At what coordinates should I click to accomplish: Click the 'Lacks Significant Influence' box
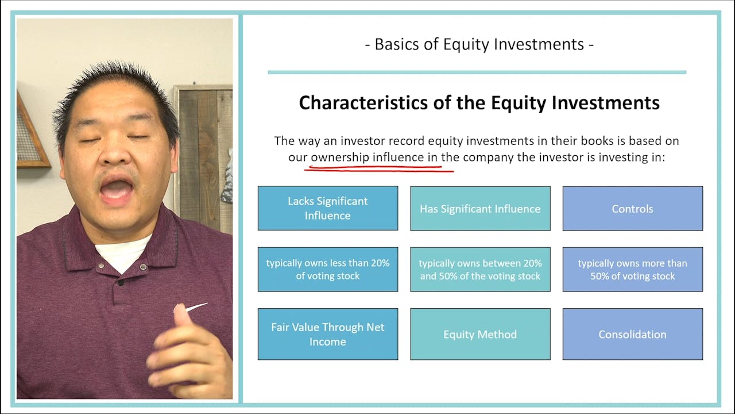click(x=327, y=208)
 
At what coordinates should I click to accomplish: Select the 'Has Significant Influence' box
click(x=480, y=208)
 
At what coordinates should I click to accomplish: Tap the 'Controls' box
click(x=632, y=208)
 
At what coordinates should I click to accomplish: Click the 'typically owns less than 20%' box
click(x=327, y=269)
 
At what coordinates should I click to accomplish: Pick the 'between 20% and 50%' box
click(x=480, y=269)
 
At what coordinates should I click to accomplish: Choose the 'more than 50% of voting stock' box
click(x=632, y=269)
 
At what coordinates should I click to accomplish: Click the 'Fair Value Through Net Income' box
click(x=327, y=334)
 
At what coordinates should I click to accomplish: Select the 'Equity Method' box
click(x=480, y=334)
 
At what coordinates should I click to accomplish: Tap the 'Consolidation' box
click(x=632, y=334)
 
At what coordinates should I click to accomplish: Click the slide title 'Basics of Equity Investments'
click(x=479, y=44)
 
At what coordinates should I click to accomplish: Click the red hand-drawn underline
click(x=379, y=169)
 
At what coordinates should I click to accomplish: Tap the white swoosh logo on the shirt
click(x=196, y=308)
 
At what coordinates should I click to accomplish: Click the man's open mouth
click(x=117, y=190)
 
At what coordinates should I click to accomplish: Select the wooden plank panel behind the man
click(x=204, y=149)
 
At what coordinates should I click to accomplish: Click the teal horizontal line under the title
click(x=477, y=72)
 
